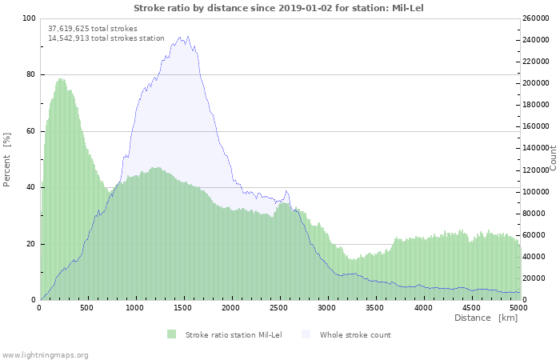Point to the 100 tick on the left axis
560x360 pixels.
pos(29,18)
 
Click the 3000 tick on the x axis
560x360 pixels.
pos(326,307)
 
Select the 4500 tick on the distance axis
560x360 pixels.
pos(470,307)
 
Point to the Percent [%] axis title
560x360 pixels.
pos(7,159)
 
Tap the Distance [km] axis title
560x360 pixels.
pos(486,318)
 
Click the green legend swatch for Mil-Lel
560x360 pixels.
pos(171,334)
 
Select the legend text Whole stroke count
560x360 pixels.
pos(355,334)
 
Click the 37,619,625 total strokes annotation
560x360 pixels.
pos(92,28)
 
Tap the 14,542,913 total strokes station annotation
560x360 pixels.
pos(106,38)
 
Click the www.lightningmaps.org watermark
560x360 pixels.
pos(45,354)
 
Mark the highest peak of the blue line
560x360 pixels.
pos(186,36)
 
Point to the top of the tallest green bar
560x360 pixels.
pos(61,78)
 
